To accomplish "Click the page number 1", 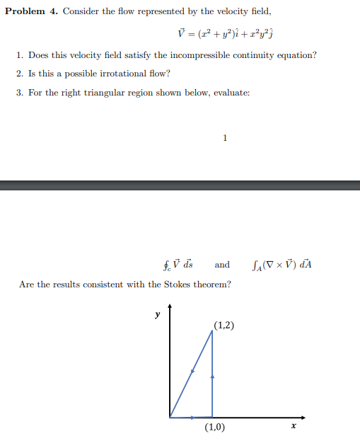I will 224,137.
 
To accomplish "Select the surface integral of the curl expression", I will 281,265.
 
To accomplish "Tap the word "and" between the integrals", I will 222,265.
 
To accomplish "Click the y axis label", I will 158,314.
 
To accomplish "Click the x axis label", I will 292,426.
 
